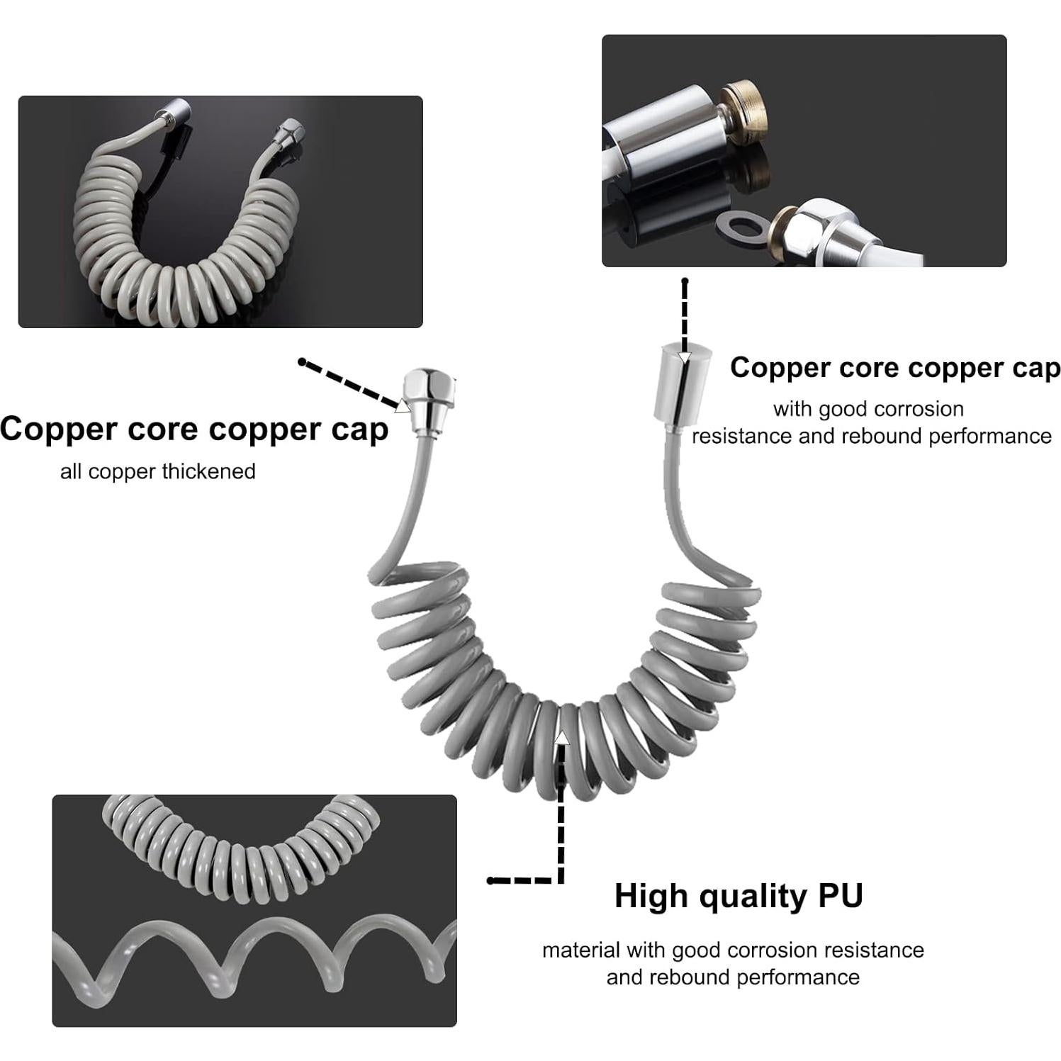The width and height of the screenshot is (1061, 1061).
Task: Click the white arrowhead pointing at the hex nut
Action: tap(403, 405)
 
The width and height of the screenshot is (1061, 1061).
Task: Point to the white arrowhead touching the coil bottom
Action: tap(561, 737)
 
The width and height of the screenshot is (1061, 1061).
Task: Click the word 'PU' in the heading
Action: tap(841, 896)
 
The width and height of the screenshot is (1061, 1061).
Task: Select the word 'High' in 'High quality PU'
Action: tap(650, 896)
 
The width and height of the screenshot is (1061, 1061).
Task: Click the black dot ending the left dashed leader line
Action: tap(302, 362)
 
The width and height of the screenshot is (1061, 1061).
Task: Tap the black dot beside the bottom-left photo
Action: tap(490, 880)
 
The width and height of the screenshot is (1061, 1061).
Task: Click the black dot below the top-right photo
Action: tap(685, 281)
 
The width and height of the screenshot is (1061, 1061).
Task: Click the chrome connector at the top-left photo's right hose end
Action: tap(291, 130)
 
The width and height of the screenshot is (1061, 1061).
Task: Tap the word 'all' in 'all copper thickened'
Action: tap(71, 471)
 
